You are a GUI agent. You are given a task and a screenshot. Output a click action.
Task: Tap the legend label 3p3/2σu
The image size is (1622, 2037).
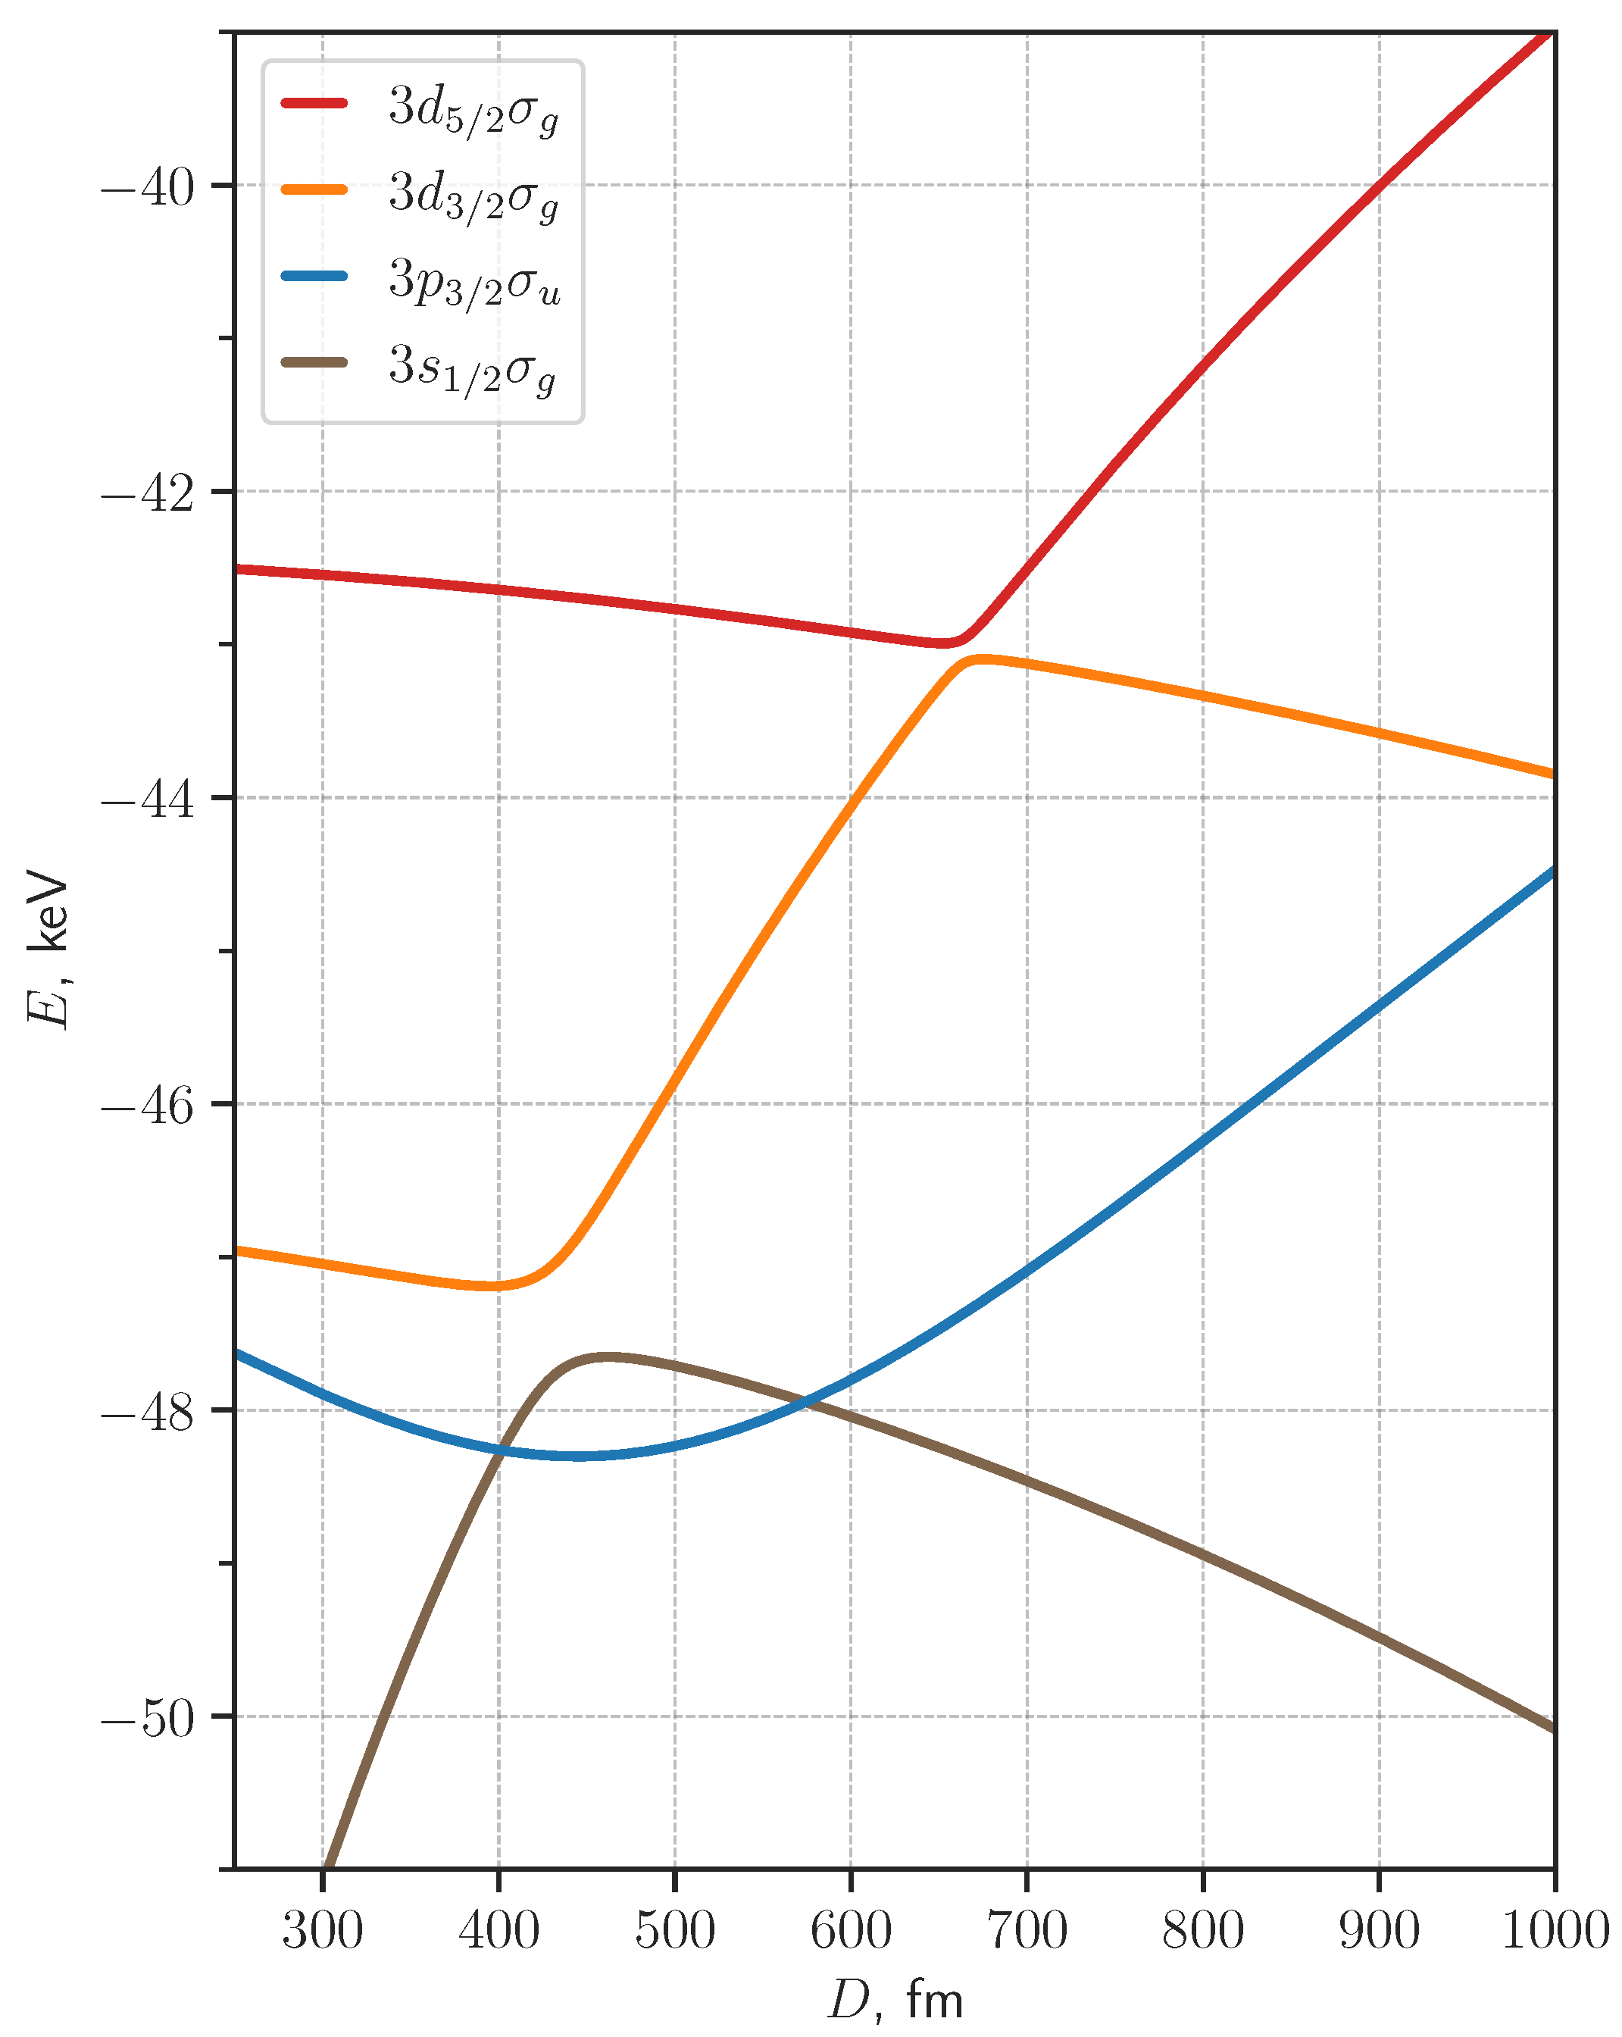point(474,282)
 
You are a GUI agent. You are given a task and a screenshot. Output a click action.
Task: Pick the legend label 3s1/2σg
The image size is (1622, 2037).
point(471,368)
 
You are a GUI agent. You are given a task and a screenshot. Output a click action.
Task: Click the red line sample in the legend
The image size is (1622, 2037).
point(314,103)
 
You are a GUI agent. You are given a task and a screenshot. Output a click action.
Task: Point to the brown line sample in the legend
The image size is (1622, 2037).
point(314,362)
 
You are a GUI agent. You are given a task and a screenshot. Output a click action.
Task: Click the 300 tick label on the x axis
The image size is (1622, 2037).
point(323,1930)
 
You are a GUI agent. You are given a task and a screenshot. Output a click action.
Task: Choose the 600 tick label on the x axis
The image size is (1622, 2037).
point(851,1930)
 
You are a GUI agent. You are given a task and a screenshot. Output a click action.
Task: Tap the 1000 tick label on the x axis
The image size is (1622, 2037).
point(1555,1930)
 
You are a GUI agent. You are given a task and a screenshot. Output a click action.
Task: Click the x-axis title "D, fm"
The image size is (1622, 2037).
point(895,1999)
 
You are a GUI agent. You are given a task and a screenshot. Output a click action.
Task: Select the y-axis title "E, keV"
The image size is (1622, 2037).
point(47,950)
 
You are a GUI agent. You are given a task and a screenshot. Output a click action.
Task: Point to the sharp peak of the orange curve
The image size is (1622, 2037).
point(980,659)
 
